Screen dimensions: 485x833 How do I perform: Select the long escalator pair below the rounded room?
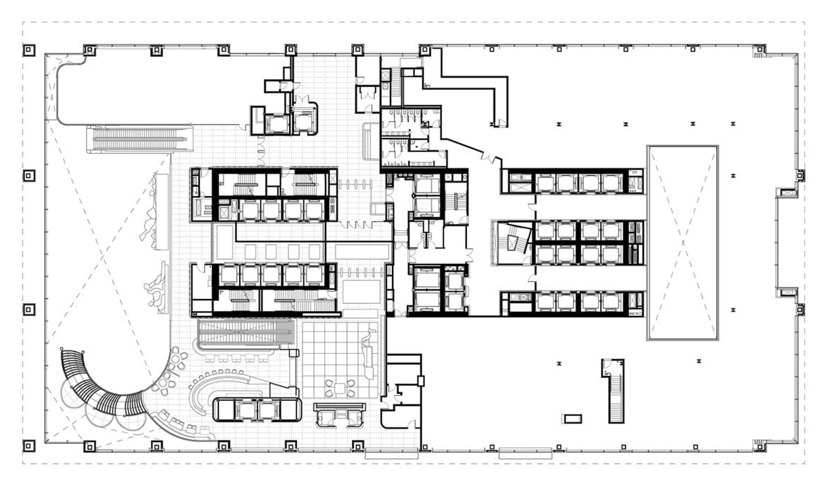click(x=141, y=138)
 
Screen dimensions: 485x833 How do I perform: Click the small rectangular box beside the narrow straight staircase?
click(x=572, y=418)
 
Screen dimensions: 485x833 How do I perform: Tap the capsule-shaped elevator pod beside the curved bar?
click(x=257, y=409)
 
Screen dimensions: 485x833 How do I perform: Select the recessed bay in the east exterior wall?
click(x=785, y=242)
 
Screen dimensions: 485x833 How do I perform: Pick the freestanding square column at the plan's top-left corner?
click(x=29, y=50)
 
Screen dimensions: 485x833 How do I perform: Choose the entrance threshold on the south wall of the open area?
click(x=525, y=452)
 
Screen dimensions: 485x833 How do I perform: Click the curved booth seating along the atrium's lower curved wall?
click(x=178, y=421)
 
